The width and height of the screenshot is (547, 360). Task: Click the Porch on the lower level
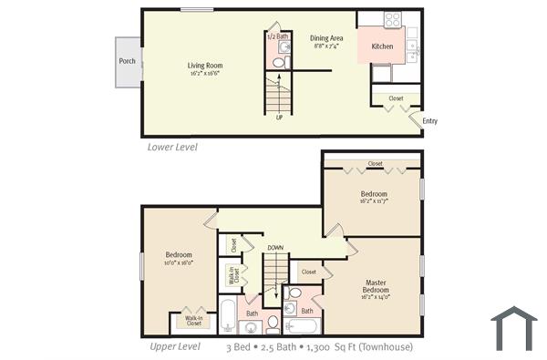click(128, 62)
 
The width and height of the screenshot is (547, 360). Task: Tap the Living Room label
click(205, 66)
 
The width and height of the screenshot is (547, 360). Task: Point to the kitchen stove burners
click(393, 18)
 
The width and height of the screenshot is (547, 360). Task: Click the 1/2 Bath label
click(276, 36)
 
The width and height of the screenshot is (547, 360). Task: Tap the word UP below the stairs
click(279, 118)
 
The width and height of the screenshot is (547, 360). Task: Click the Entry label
click(430, 121)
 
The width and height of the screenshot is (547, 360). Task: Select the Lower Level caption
click(172, 146)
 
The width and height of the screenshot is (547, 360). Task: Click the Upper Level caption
click(175, 346)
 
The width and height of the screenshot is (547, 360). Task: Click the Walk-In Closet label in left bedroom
click(193, 321)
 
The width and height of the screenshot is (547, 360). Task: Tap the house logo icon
click(514, 327)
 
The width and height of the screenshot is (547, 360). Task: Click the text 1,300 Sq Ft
click(338, 347)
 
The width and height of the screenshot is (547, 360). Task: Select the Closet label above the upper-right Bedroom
click(375, 165)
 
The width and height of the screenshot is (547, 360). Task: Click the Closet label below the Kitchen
click(396, 98)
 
